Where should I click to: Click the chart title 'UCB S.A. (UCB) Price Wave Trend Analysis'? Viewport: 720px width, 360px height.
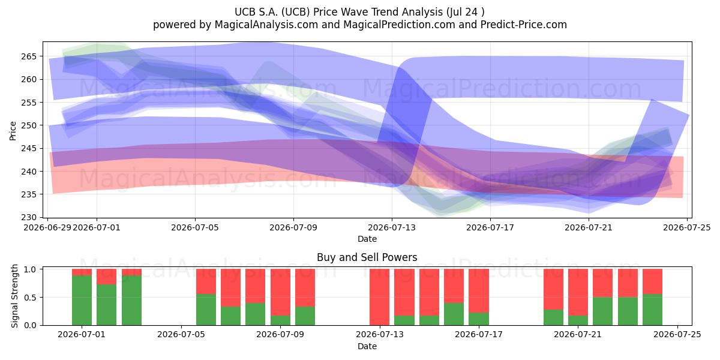[338, 12]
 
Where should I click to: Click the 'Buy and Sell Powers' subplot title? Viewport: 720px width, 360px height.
[367, 257]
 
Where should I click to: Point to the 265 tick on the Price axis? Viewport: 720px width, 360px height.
[29, 56]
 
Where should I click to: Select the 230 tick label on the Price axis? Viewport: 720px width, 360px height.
[29, 217]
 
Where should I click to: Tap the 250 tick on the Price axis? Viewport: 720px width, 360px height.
[29, 125]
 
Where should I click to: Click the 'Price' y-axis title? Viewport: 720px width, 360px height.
[13, 131]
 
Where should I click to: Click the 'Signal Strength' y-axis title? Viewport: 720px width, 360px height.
[14, 296]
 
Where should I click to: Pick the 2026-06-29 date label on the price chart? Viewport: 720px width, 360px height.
[47, 227]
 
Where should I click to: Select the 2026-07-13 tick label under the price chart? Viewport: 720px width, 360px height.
[391, 227]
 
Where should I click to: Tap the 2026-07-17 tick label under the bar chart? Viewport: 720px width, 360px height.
[479, 334]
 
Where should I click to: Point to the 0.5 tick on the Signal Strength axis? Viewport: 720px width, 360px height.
[30, 298]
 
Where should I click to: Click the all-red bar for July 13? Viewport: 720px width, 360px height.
[379, 297]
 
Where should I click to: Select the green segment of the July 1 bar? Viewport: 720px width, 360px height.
[82, 300]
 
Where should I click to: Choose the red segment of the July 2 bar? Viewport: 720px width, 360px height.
[106, 277]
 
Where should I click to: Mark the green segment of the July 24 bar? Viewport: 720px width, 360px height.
[653, 310]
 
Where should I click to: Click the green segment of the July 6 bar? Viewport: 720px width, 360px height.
[206, 310]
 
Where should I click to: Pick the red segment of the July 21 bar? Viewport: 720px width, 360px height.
[578, 293]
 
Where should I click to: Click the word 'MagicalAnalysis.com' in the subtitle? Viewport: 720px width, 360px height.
[266, 25]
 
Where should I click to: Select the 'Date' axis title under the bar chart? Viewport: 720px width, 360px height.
[367, 346]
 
